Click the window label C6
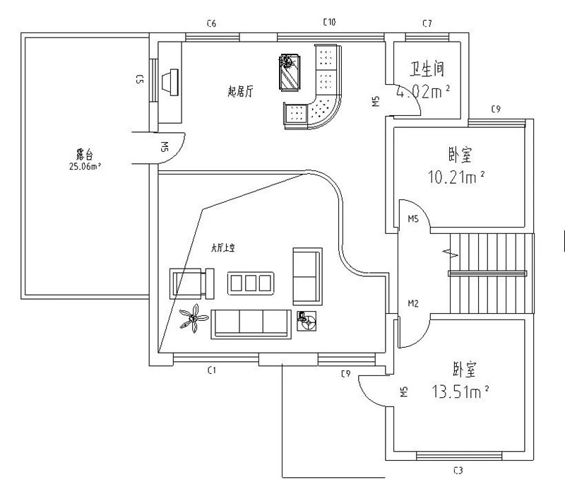tap(210, 24)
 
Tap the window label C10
tap(328, 23)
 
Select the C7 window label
tap(427, 24)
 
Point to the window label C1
tap(210, 370)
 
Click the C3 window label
tap(458, 470)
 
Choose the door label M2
tap(414, 304)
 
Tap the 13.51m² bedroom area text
tap(460, 391)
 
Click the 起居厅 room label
tap(240, 90)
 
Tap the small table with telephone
tap(307, 321)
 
